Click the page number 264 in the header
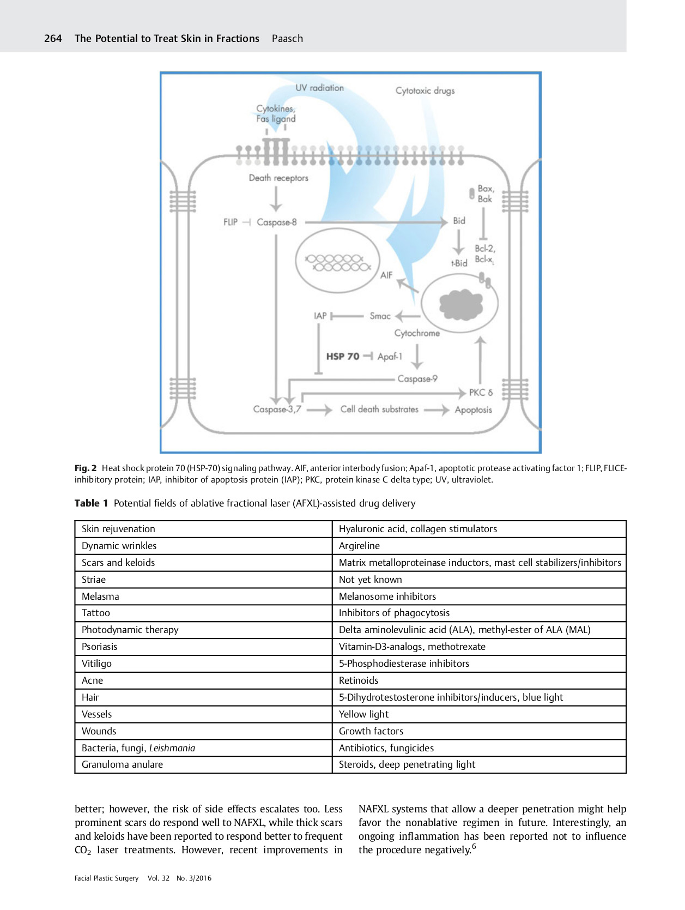(53, 39)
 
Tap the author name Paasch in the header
(287, 39)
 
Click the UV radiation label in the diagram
(319, 88)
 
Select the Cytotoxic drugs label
(425, 91)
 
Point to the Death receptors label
(278, 178)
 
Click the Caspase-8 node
(277, 222)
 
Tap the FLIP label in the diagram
(231, 222)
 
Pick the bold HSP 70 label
(343, 357)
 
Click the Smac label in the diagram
(380, 316)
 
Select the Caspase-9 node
(417, 379)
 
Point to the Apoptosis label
(473, 410)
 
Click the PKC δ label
(481, 393)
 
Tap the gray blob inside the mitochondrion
(460, 305)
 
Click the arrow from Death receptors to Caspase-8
(276, 199)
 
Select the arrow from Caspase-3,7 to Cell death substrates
(319, 410)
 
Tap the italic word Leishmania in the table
(172, 748)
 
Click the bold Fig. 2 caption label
(86, 468)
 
